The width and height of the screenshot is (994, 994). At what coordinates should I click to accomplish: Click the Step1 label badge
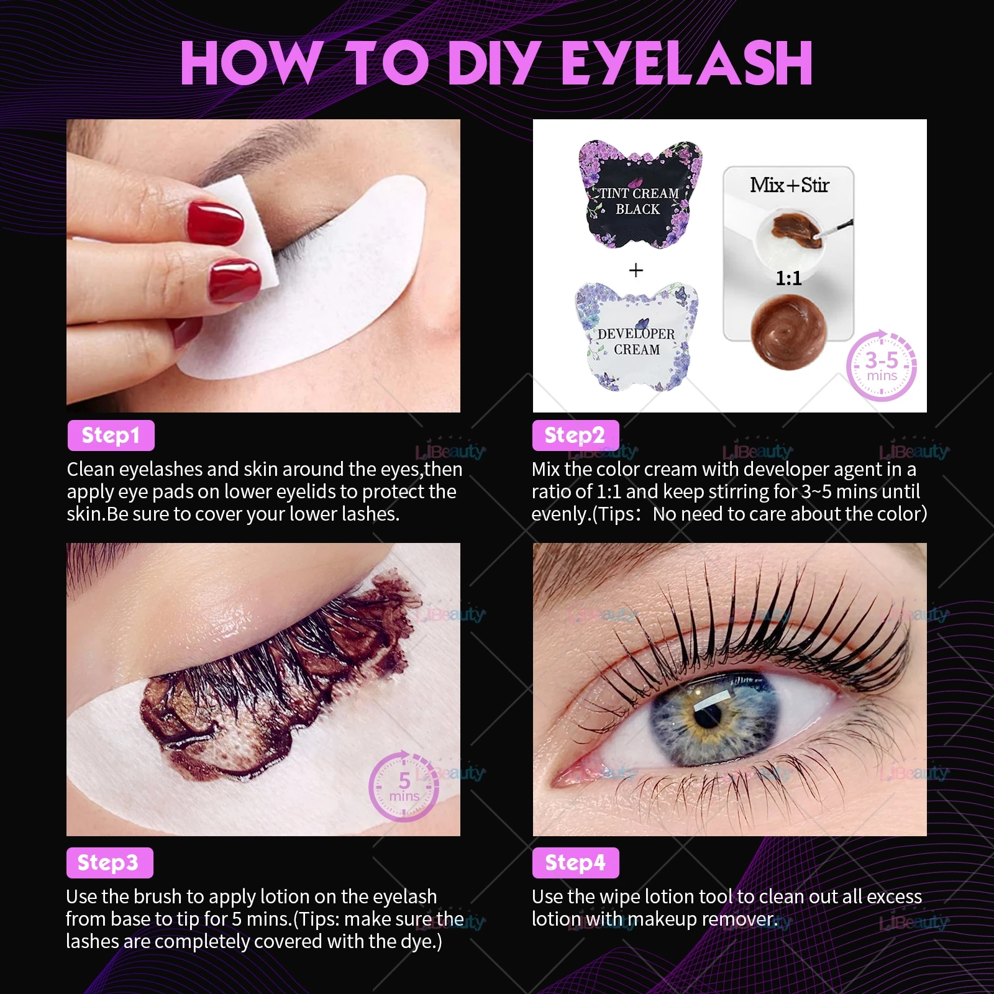tap(111, 435)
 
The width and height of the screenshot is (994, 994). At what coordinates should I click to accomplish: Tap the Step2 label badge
tap(575, 435)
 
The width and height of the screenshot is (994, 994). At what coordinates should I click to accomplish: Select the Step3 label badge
tap(109, 863)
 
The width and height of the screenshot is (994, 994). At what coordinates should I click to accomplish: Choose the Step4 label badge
tap(575, 863)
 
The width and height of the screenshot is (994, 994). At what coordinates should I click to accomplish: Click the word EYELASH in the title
tap(686, 63)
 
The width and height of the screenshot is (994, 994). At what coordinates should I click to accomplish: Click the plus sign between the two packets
tap(636, 270)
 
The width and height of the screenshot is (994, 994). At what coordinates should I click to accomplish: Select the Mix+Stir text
tap(789, 185)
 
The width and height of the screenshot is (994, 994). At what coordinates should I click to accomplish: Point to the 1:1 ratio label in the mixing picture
tap(788, 278)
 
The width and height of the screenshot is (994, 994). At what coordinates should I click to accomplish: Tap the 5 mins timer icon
tap(404, 787)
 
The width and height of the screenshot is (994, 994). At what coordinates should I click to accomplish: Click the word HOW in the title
tap(248, 63)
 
